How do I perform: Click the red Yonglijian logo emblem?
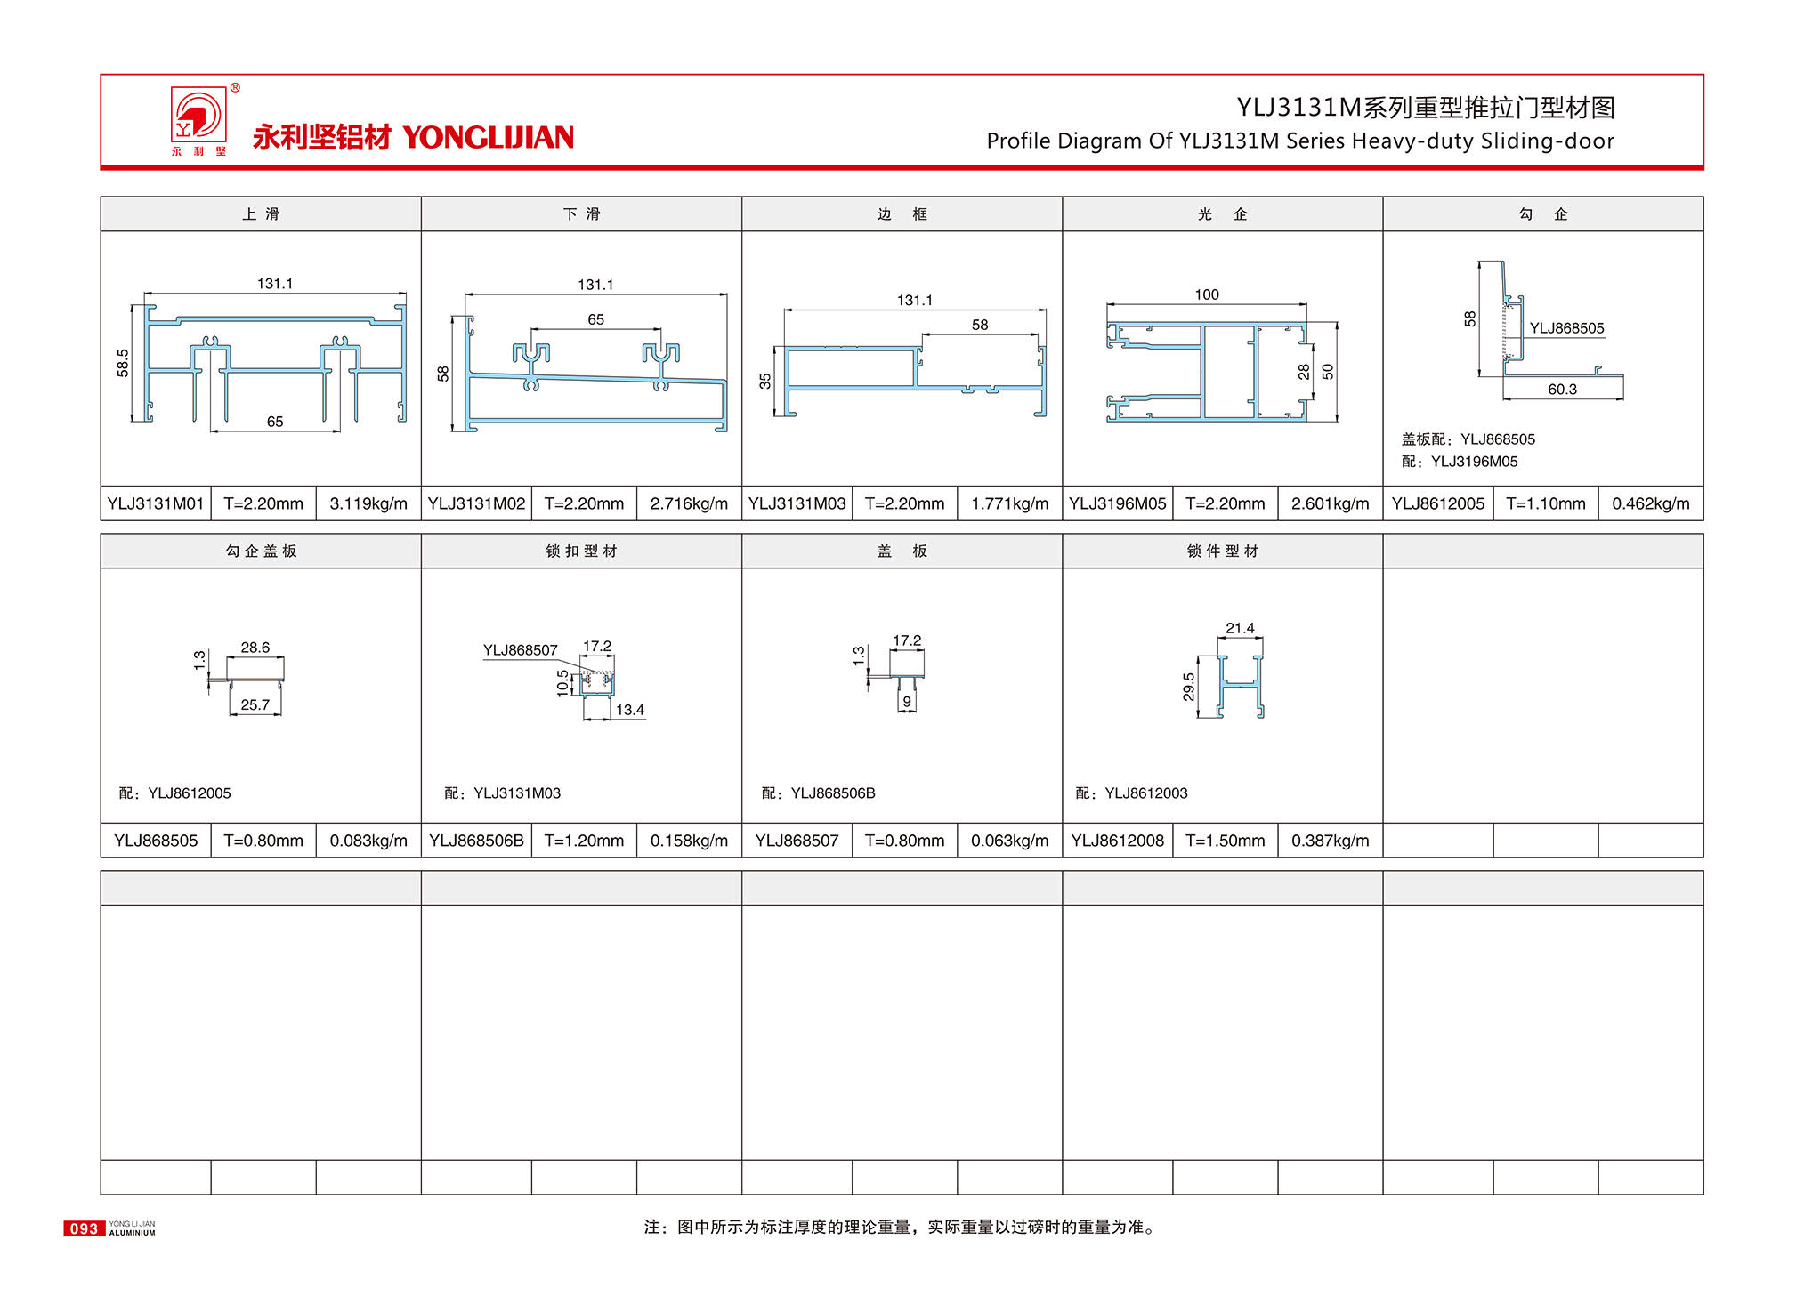198,115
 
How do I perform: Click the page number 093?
84,1228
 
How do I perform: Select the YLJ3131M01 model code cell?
156,503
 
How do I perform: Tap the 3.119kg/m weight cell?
368,503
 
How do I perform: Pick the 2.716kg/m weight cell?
689,503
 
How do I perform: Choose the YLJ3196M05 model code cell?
1117,503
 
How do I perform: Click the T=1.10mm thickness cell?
1545,503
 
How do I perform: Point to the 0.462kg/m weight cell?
1650,503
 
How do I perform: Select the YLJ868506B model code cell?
476,841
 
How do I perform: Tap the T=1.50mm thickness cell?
1225,841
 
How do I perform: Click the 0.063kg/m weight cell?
1009,841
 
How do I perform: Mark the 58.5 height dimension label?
123,363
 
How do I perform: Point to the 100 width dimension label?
1207,294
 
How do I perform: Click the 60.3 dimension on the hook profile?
1562,389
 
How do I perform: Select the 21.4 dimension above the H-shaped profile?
1240,628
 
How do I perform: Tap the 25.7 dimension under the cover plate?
255,704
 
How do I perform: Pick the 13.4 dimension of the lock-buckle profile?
630,710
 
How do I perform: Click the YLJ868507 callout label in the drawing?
520,650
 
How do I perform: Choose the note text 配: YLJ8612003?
1132,793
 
